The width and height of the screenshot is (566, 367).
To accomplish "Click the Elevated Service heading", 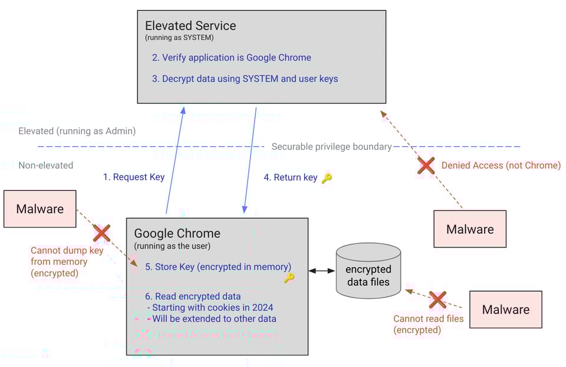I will tap(190, 26).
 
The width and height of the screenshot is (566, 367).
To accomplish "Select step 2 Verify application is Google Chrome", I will tap(231, 58).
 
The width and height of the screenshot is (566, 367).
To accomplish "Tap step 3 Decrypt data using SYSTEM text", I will tap(245, 78).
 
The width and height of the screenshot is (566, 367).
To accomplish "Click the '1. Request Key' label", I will tap(134, 177).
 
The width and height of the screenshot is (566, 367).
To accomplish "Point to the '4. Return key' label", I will tap(291, 177).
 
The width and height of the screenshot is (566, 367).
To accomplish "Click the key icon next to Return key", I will tap(327, 178).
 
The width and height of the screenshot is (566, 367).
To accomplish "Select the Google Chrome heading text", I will tap(177, 233).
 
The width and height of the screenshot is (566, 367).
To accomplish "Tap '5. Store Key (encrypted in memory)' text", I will tap(218, 267).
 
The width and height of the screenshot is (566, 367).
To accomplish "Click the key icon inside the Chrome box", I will tap(289, 277).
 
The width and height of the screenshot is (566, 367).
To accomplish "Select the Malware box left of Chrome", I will tap(40, 209).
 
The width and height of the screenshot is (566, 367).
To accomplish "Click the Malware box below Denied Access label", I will tap(470, 229).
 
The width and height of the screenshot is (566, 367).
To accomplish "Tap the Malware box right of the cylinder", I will tap(505, 309).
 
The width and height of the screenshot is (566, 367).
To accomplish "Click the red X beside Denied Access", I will tap(426, 166).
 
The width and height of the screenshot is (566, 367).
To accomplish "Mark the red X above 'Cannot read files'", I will tap(437, 300).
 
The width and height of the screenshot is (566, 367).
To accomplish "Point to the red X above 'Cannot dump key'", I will tap(101, 233).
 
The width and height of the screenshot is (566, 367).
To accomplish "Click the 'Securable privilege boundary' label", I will tap(331, 147).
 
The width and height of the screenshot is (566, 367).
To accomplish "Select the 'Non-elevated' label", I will tap(46, 166).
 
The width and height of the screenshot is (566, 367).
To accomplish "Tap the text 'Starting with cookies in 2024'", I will tap(212, 307).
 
